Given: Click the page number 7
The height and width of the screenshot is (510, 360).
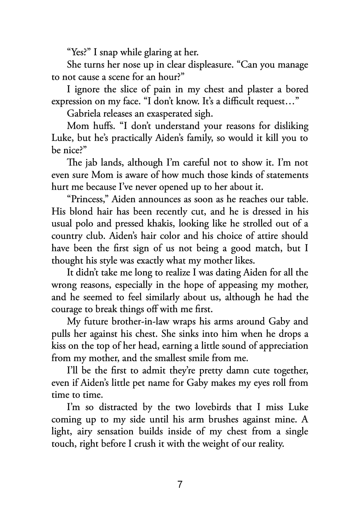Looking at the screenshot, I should click(180, 484).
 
